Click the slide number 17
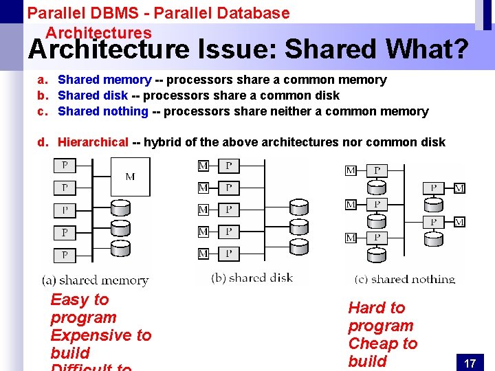tap(470, 363)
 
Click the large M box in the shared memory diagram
tap(130, 177)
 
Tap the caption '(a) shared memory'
tap(95, 280)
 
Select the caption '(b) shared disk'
tap(252, 278)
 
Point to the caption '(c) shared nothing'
tap(405, 279)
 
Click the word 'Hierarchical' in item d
tap(93, 142)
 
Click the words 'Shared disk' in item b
tap(93, 95)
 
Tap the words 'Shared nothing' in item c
tap(103, 111)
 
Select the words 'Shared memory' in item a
tap(104, 80)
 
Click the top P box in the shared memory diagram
tap(65, 166)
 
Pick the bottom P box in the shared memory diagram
tap(65, 255)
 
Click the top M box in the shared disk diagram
tap(203, 166)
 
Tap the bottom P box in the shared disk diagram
tap(229, 254)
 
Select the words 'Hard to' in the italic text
tap(377, 308)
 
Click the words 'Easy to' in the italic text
tap(80, 300)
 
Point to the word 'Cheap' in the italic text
tap(372, 344)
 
